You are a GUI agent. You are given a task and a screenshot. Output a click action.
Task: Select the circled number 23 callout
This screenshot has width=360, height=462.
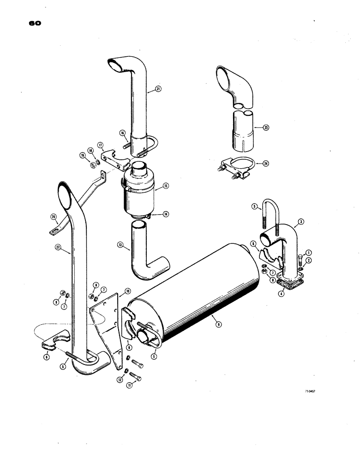click(265, 128)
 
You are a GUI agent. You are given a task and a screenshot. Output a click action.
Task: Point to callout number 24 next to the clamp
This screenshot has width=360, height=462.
click(265, 162)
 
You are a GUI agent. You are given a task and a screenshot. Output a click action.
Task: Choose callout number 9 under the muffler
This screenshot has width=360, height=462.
click(219, 324)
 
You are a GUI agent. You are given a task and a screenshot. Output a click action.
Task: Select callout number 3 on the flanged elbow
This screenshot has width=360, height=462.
click(301, 222)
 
